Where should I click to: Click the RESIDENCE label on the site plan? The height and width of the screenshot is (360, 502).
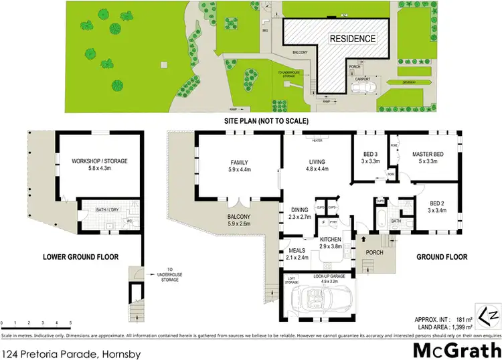pos(350,38)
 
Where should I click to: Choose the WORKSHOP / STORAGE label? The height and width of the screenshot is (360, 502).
pos(100,161)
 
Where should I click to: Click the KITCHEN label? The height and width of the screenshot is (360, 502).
pos(331,239)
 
